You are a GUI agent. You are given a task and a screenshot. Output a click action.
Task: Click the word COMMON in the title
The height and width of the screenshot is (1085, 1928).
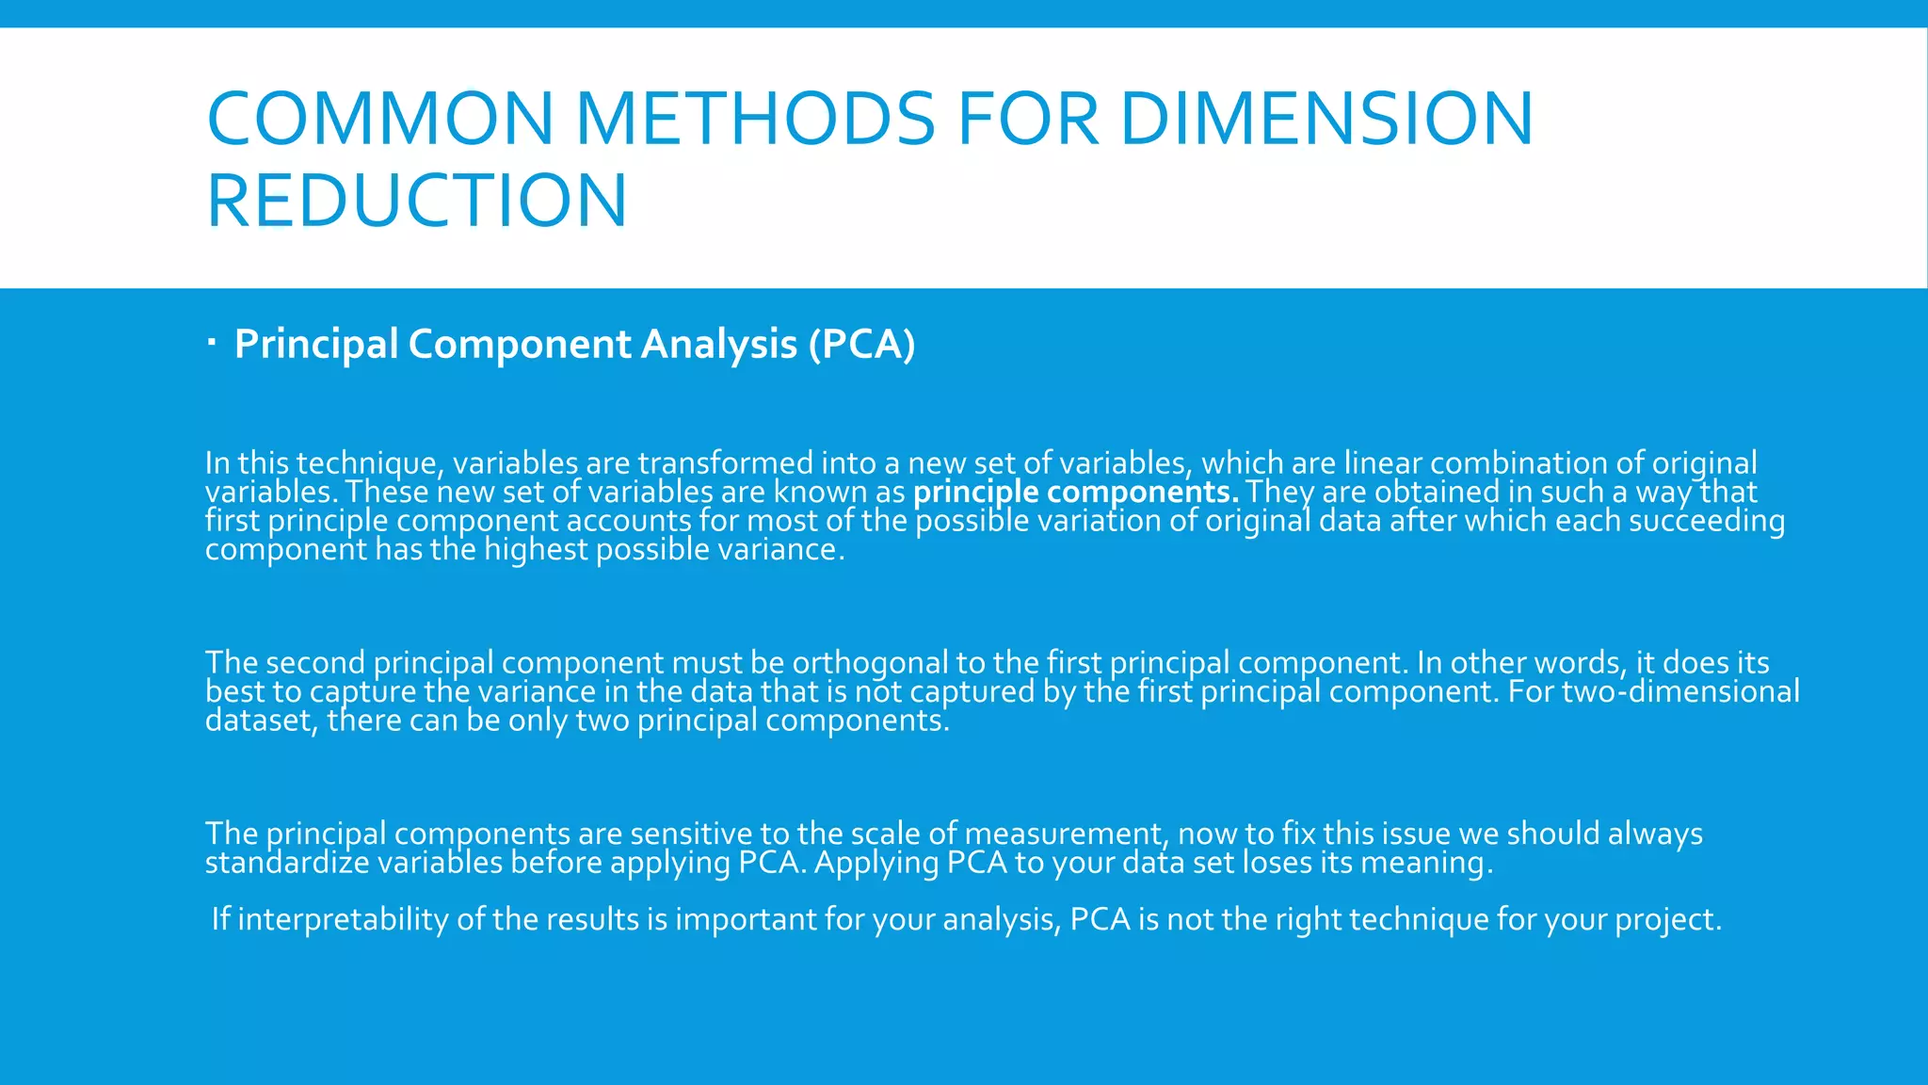click(379, 119)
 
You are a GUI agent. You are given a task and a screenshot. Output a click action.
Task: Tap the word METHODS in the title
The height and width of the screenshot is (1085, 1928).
click(755, 119)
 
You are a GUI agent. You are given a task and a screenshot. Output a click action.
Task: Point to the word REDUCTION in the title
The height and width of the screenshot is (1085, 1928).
click(416, 200)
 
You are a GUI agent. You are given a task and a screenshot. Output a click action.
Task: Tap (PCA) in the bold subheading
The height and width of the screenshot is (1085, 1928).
click(861, 344)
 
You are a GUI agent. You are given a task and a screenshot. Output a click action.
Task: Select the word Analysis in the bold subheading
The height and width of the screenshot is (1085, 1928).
click(719, 344)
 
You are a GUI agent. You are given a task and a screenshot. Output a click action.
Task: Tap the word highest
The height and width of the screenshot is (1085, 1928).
click(536, 549)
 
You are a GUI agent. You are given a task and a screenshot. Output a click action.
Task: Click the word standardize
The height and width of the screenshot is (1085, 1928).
click(287, 863)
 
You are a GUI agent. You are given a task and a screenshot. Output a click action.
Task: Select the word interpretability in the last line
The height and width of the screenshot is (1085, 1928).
click(343, 919)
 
